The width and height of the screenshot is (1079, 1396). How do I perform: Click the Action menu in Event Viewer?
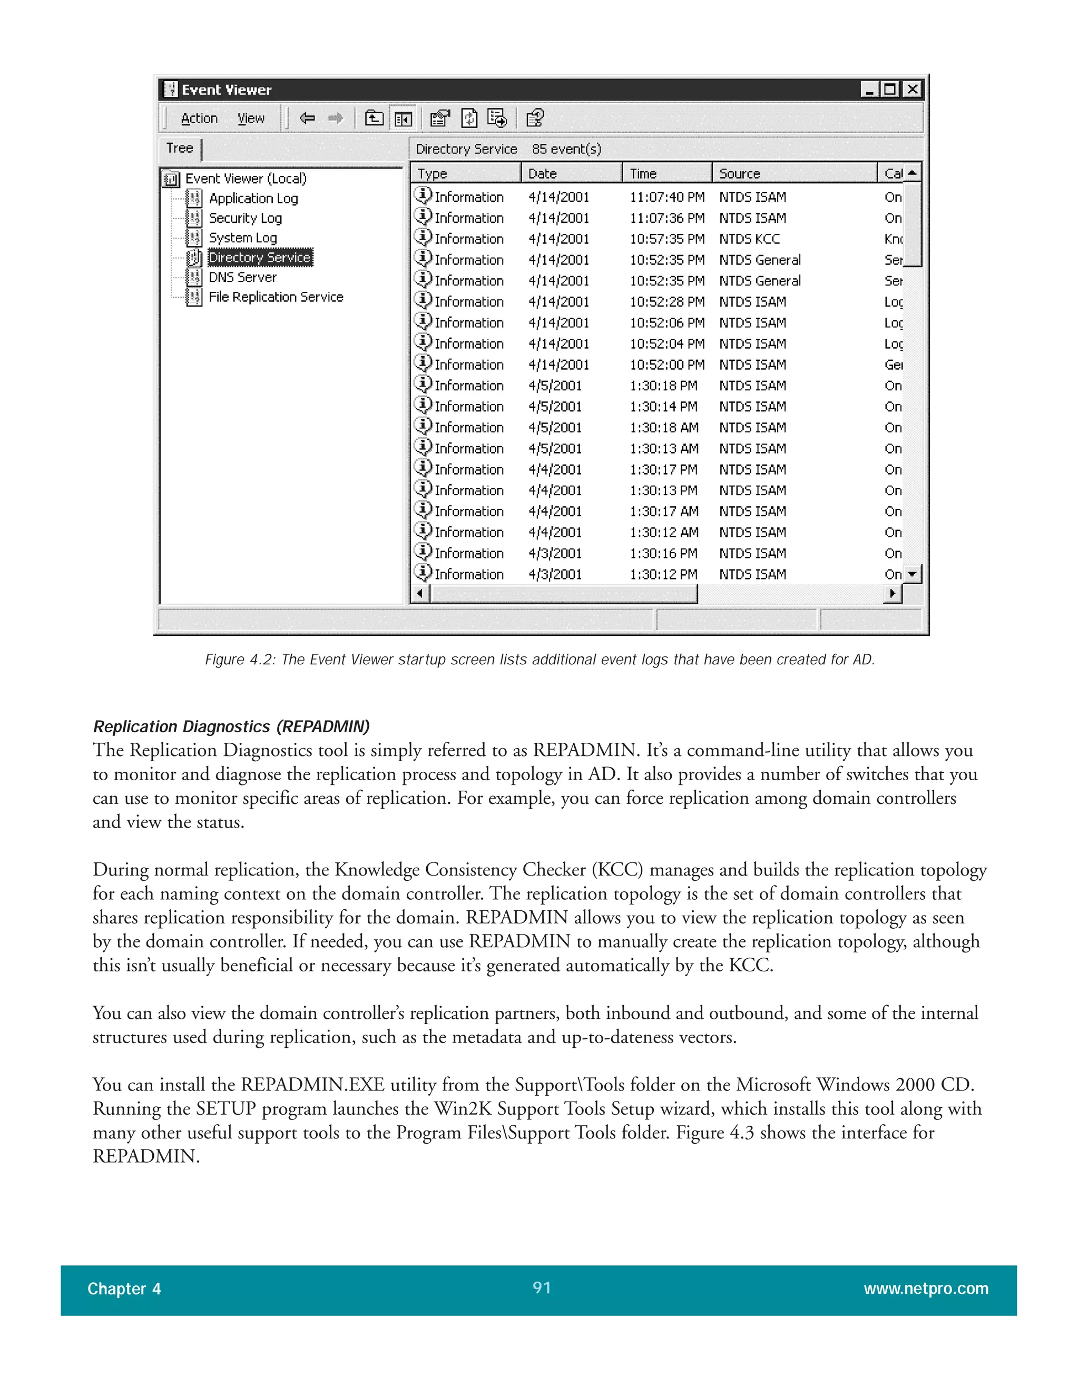[x=199, y=118]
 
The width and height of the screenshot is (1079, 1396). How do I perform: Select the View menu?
[x=251, y=118]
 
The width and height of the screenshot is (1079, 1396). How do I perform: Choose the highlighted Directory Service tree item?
[x=260, y=258]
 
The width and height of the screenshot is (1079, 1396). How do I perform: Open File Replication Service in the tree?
[x=276, y=297]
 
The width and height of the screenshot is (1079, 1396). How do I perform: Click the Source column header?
[x=739, y=173]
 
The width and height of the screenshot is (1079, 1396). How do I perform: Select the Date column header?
[x=542, y=173]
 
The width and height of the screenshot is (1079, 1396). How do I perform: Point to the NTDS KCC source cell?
[x=749, y=239]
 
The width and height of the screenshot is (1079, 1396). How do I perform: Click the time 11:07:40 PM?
[x=666, y=198]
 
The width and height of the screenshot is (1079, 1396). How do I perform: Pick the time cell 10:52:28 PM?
[x=666, y=302]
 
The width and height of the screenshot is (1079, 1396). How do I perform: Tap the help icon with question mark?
[x=534, y=118]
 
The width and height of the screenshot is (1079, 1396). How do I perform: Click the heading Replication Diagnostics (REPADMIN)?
[x=231, y=727]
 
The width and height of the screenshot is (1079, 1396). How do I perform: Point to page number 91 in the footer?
[x=542, y=1287]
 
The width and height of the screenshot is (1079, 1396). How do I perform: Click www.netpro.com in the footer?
[x=926, y=1289]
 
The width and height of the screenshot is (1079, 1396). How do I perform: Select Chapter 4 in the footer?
[x=124, y=1289]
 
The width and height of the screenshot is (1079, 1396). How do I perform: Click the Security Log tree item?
[x=245, y=218]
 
